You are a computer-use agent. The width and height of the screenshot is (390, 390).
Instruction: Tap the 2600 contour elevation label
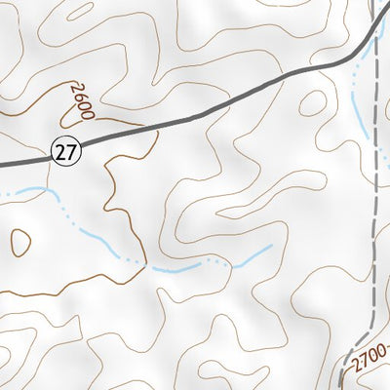tap(82, 99)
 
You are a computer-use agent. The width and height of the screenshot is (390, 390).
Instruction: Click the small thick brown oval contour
tap(19, 241)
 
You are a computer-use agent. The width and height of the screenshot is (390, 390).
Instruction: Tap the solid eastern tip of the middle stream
tap(271, 246)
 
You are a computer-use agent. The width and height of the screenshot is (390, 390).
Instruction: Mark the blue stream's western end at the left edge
tap(2, 193)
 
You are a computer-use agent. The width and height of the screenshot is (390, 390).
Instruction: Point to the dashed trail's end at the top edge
tap(375, 2)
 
